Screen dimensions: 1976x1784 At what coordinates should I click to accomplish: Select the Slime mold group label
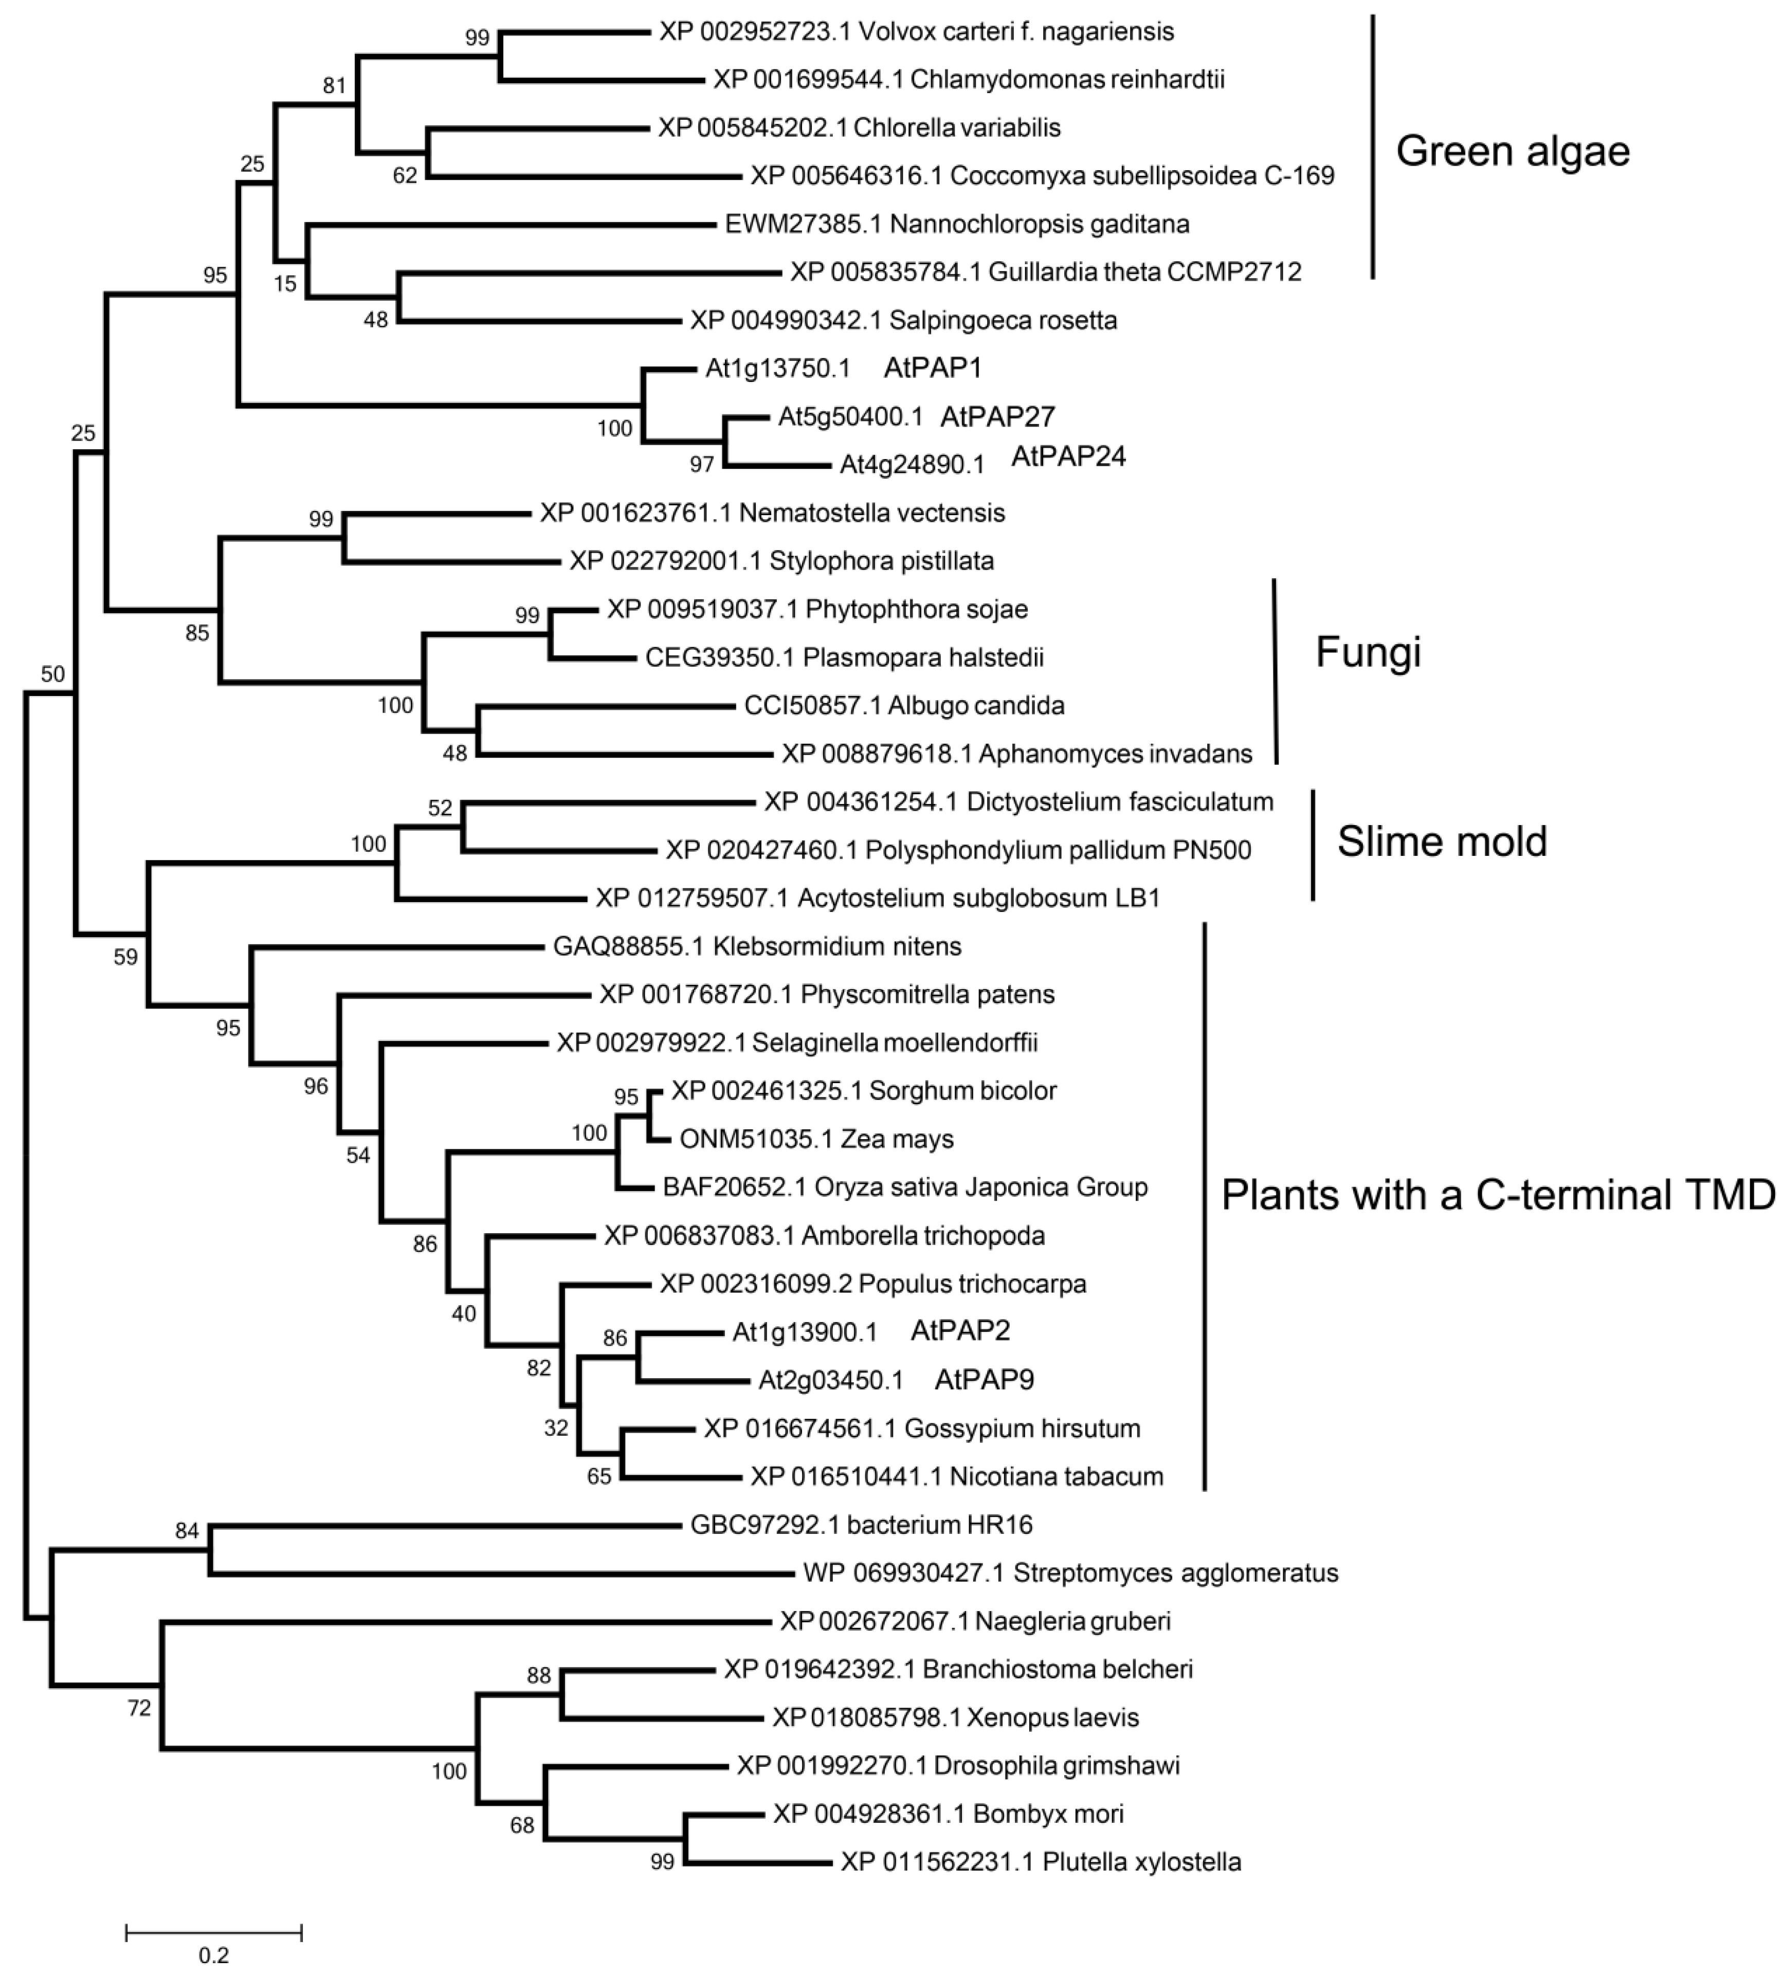click(x=1442, y=841)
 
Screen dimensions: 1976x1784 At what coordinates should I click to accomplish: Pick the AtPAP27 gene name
click(x=997, y=416)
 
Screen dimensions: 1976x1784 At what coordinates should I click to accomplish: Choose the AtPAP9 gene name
click(x=984, y=1380)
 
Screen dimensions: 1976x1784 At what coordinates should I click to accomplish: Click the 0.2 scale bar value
click(x=214, y=1954)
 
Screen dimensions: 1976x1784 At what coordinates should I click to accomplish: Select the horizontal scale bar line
click(x=214, y=1932)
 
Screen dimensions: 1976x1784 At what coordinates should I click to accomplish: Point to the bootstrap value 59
click(x=125, y=957)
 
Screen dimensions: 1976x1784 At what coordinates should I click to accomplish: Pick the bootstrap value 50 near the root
click(x=53, y=673)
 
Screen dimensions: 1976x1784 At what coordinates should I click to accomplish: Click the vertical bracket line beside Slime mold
click(x=1314, y=845)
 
